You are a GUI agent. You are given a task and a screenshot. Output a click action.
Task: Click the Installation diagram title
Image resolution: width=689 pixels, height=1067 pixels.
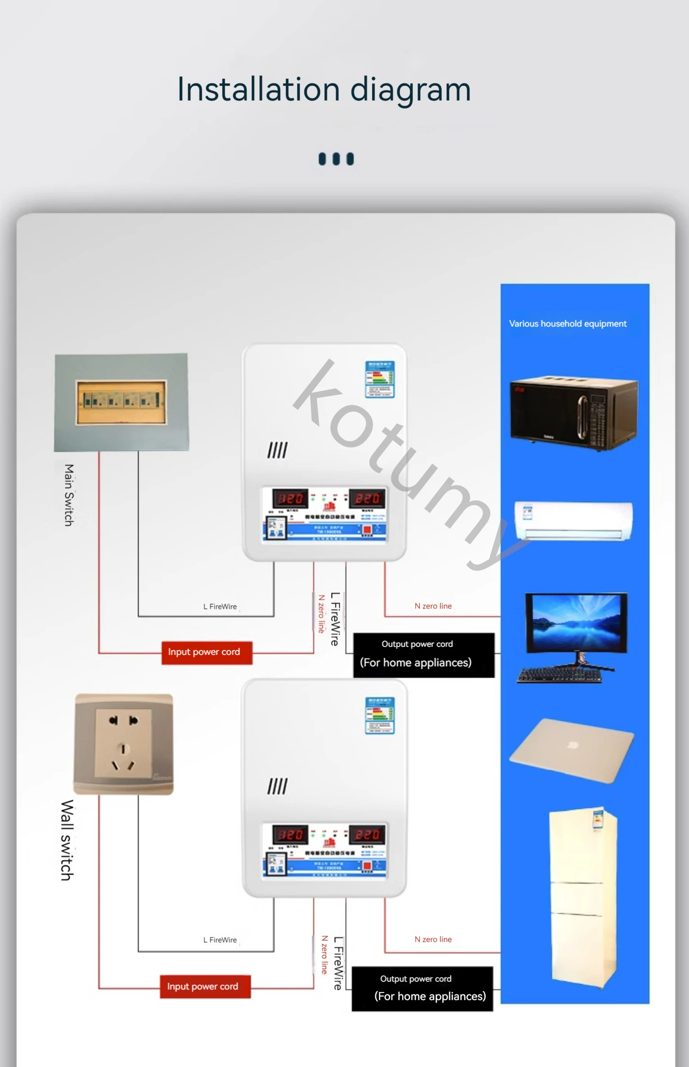click(324, 89)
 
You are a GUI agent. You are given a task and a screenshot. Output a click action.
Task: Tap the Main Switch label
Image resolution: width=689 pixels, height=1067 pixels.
click(69, 495)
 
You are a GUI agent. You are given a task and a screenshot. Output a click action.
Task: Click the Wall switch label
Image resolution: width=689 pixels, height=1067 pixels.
click(67, 840)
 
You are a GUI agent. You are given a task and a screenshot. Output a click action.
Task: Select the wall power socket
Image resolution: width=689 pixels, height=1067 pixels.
click(123, 744)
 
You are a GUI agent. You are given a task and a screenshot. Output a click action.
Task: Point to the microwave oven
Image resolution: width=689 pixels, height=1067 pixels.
click(574, 414)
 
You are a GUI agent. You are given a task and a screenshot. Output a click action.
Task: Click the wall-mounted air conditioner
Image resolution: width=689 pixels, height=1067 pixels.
click(574, 520)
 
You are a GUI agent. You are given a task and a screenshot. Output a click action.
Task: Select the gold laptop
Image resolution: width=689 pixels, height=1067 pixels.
click(571, 750)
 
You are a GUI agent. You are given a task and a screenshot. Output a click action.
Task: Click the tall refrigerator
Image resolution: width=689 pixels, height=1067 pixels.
click(583, 896)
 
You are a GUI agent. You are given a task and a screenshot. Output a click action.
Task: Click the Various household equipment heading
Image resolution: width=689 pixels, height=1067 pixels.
click(568, 324)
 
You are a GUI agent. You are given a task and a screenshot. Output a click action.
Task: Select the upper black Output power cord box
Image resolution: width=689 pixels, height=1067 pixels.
click(423, 654)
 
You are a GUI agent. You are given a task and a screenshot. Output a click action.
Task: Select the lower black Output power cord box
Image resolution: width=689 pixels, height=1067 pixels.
click(422, 989)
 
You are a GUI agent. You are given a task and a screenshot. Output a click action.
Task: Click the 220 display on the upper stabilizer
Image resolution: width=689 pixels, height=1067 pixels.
click(367, 498)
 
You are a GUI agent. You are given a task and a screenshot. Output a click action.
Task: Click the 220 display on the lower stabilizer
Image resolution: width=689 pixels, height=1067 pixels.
click(367, 835)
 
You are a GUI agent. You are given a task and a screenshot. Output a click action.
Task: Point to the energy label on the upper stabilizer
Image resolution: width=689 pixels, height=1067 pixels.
click(379, 379)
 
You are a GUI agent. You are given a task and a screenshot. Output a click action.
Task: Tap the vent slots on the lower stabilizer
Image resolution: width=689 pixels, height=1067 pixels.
click(277, 787)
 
